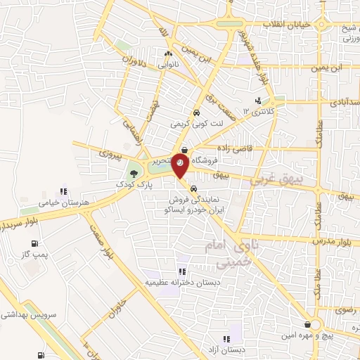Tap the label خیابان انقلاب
286,25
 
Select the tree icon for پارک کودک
133,172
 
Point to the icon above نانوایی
168,54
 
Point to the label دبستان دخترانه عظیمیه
175,283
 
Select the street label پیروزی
110,152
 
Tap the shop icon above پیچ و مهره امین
309,325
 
